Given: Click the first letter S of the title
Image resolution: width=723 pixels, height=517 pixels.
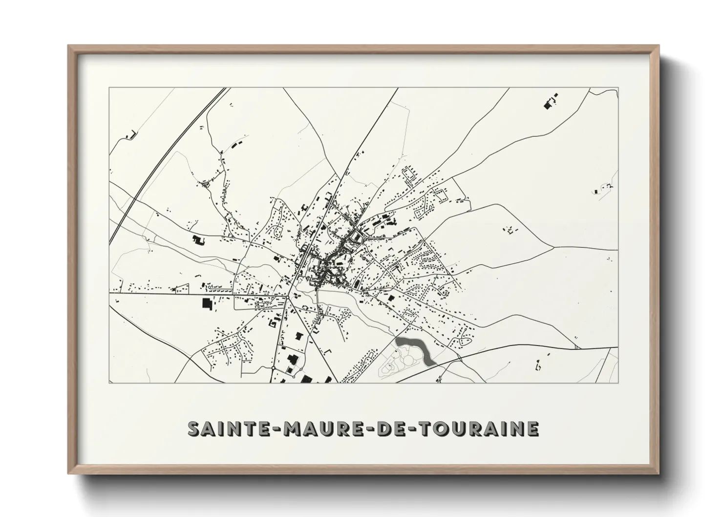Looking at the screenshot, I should pyautogui.click(x=194, y=429).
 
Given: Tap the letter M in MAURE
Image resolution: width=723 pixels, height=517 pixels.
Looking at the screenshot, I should pyautogui.click(x=280, y=429).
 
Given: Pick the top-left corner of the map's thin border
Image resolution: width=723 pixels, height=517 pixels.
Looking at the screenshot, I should pyautogui.click(x=109, y=88).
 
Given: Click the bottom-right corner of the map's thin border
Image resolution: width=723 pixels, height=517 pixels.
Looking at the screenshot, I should pyautogui.click(x=618, y=383).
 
